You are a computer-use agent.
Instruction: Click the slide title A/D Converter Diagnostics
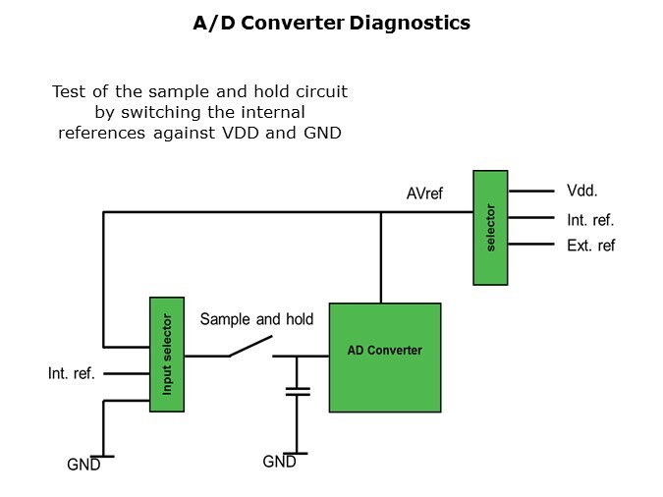pyautogui.click(x=331, y=23)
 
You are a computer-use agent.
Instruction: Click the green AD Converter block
pyautogui.click(x=384, y=357)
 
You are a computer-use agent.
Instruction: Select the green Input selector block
pyautogui.click(x=167, y=354)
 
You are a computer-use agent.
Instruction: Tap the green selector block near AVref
pyautogui.click(x=490, y=228)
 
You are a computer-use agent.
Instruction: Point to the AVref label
pyautogui.click(x=424, y=193)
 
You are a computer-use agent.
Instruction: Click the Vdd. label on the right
pyautogui.click(x=583, y=192)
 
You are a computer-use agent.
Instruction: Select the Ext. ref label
pyautogui.click(x=590, y=246)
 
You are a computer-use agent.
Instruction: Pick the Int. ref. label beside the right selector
pyautogui.click(x=590, y=220)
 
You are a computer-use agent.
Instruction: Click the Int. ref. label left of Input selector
pyautogui.click(x=72, y=374)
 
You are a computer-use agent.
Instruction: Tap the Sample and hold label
pyautogui.click(x=257, y=319)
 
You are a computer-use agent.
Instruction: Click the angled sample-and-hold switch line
pyautogui.click(x=249, y=347)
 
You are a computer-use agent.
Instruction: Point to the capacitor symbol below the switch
pyautogui.click(x=297, y=392)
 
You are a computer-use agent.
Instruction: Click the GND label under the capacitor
pyautogui.click(x=280, y=462)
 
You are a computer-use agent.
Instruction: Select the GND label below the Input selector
pyautogui.click(x=83, y=465)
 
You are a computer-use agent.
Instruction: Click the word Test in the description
pyautogui.click(x=70, y=91)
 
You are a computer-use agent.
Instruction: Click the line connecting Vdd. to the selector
pyautogui.click(x=531, y=192)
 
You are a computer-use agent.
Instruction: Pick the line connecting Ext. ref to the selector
pyautogui.click(x=531, y=245)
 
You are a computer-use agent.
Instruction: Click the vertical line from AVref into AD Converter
pyautogui.click(x=380, y=257)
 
